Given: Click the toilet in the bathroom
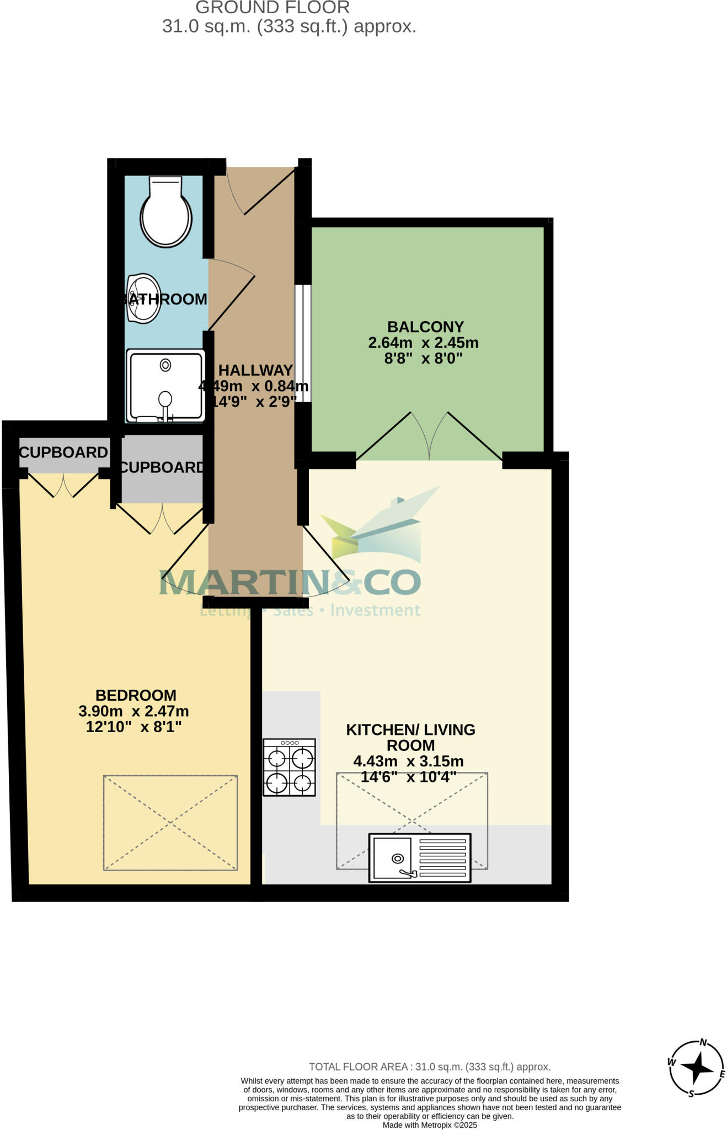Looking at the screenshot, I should (x=165, y=212).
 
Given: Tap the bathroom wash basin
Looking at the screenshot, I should (x=143, y=299).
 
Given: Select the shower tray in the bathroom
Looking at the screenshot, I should (x=165, y=385).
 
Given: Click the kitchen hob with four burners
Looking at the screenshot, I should (x=289, y=767).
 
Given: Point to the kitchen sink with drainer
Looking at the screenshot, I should (x=420, y=857).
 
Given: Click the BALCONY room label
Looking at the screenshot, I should (x=425, y=327).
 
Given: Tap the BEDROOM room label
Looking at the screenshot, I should (x=136, y=695).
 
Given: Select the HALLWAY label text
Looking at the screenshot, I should (x=255, y=370).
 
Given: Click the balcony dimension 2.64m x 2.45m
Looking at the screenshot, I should (x=423, y=343).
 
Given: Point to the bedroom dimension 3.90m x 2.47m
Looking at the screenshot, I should (x=133, y=711).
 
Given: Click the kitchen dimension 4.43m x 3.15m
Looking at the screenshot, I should (x=408, y=761).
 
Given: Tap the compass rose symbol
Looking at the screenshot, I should (x=697, y=1068).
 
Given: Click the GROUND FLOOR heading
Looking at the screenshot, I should (x=272, y=8).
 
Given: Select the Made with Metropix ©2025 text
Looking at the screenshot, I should (x=430, y=1125).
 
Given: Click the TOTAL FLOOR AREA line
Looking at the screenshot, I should (x=430, y=1067).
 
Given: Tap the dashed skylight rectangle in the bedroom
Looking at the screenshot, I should (x=170, y=823).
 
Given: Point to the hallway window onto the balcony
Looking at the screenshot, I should (x=303, y=343).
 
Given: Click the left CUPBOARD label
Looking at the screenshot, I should (x=63, y=452).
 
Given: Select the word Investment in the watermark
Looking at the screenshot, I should (x=375, y=610).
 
